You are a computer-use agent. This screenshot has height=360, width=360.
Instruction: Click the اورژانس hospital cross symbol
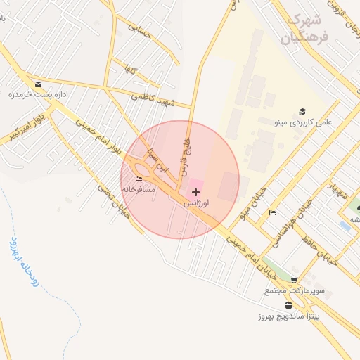(x=195, y=192)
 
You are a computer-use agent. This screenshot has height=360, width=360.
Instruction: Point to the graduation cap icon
(x=302, y=111)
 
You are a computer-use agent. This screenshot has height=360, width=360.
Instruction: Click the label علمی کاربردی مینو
(x=296, y=122)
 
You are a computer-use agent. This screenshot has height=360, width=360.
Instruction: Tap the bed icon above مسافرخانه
(x=138, y=179)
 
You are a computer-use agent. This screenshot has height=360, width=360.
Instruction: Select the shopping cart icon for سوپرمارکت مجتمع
(x=293, y=280)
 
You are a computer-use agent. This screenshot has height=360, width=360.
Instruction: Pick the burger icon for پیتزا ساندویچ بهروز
(x=288, y=305)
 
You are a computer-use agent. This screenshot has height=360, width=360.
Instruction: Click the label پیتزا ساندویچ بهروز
(x=288, y=316)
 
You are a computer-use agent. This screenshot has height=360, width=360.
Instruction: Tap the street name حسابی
(x=139, y=27)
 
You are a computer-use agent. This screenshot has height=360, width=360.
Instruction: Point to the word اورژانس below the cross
(x=195, y=202)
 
